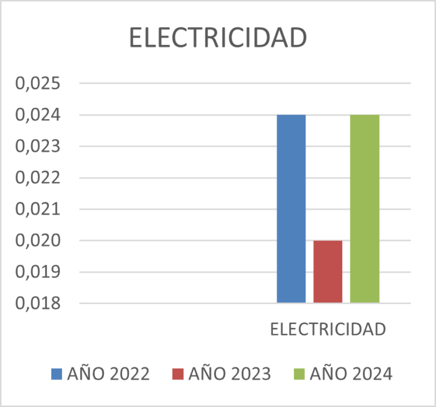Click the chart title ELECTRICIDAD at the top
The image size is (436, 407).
coord(218,38)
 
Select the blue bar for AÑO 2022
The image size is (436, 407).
coord(291,208)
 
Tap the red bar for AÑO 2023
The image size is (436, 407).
coord(328,271)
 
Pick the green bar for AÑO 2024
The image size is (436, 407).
coord(364,208)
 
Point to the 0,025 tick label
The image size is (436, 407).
coord(37,84)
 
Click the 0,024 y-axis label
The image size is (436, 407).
coord(37,115)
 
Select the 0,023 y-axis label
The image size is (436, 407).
coord(37,146)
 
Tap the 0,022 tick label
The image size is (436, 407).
coord(37,178)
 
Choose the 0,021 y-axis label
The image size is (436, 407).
coord(37,209)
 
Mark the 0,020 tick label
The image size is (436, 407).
coord(37,241)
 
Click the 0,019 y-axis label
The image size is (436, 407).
coord(37,272)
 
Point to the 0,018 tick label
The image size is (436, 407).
coord(37,303)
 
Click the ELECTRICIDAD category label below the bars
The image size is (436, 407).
coord(328,330)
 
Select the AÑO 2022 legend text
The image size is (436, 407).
coord(108,374)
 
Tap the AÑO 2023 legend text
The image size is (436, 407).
coord(229,374)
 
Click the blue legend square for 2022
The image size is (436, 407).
coord(57,374)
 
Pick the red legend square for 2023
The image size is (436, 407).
coord(178,374)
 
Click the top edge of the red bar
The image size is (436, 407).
coord(328,241)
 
